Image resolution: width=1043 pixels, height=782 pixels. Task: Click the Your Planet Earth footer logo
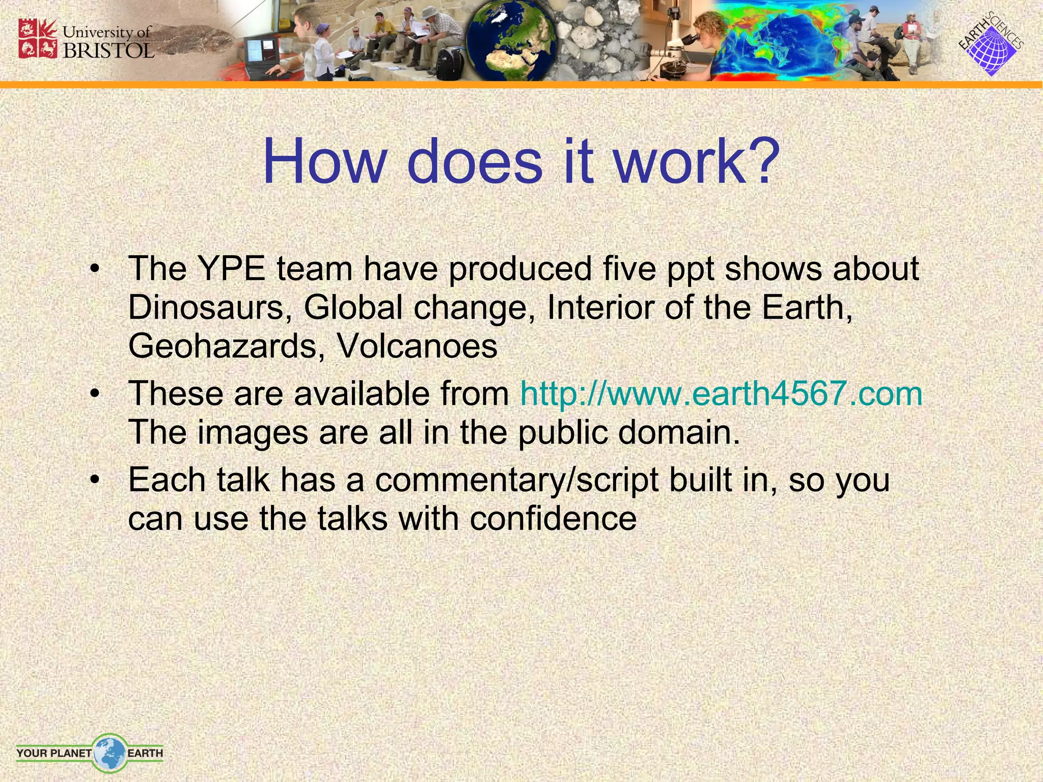coord(90,752)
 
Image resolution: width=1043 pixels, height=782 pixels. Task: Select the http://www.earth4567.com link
coord(721,394)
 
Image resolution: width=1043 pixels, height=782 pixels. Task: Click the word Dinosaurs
coord(206,308)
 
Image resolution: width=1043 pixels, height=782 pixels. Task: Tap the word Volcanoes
coord(417,346)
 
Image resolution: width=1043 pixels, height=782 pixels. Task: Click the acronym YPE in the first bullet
coord(232,269)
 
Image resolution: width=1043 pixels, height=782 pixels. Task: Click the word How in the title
coord(324,162)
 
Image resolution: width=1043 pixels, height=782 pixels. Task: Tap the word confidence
coord(553,519)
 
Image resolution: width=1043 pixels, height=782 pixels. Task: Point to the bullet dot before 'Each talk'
coord(94,481)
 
